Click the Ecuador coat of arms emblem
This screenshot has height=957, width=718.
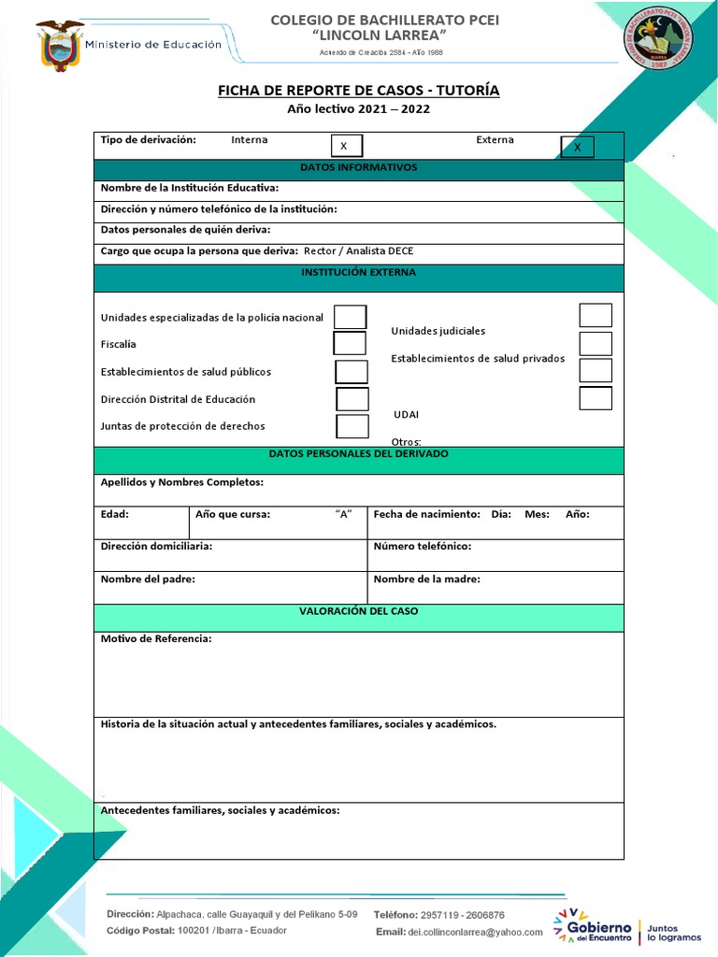60,46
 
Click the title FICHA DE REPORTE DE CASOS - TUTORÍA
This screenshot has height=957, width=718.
358,90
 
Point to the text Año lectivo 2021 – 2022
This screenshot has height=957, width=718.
358,109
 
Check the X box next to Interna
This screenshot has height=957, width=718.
346,146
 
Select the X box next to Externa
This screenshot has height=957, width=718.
577,147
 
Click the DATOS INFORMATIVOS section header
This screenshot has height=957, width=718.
358,168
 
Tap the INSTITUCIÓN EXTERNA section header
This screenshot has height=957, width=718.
358,273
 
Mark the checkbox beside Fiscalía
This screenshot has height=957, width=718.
350,343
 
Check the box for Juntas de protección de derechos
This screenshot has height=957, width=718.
352,426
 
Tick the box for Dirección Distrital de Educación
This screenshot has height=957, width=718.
352,399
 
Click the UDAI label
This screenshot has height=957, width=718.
406,414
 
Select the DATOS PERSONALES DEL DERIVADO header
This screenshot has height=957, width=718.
358,454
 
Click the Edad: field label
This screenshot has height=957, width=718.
115,514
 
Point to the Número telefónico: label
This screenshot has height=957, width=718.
423,546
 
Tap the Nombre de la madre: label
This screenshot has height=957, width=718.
426,579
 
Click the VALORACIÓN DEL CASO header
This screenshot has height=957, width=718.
358,611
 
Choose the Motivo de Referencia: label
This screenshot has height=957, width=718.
156,639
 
